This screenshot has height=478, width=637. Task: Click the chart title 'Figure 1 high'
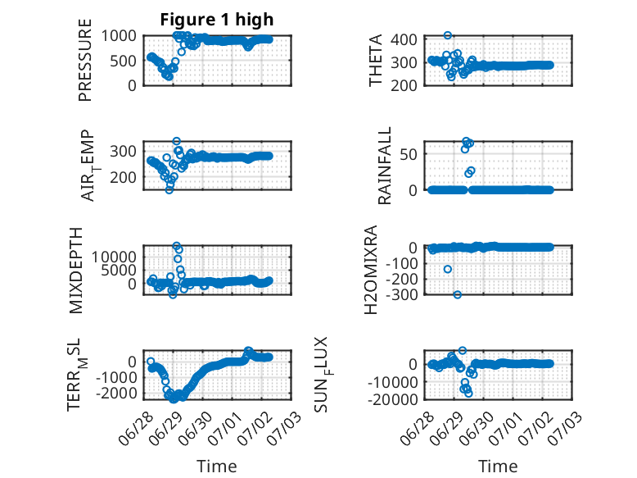coord(216,20)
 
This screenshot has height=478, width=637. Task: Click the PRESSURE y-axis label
coord(85,60)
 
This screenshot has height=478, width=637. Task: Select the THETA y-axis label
coord(376,60)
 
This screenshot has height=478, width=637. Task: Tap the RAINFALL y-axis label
coord(384,165)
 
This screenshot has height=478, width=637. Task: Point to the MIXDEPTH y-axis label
coord(76,271)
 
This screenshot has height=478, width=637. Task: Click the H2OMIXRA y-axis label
coord(371,270)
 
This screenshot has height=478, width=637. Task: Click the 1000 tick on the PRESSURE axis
coord(119,36)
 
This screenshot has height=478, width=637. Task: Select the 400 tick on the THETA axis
coord(404,39)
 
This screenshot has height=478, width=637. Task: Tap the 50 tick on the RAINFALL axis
coord(409,154)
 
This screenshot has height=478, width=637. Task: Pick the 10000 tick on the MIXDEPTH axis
coord(114,257)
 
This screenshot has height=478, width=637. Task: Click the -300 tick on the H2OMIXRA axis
coord(401,294)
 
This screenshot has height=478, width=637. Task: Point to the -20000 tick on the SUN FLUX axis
coord(392,399)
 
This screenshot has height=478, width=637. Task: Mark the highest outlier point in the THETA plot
coord(448,35)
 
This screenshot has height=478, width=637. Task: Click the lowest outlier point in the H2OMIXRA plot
coord(458,294)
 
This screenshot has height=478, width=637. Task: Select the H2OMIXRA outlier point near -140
coord(448,269)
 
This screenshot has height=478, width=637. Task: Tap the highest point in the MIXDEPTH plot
coord(176,246)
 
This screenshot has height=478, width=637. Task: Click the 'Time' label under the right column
coord(498,467)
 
